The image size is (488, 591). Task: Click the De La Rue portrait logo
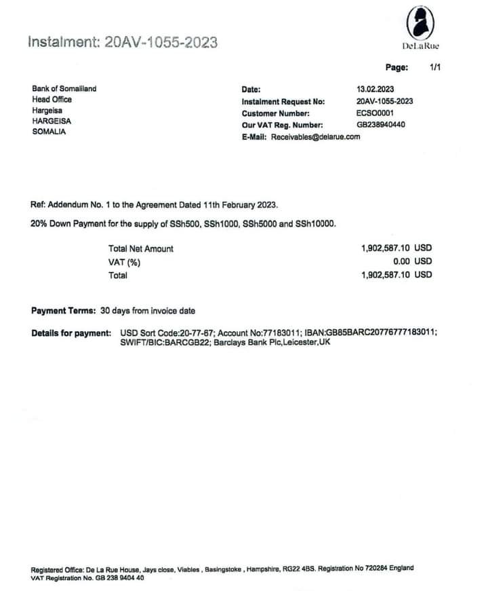[420, 24]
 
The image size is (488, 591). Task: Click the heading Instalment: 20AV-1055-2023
[123, 42]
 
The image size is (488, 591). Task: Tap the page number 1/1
[435, 67]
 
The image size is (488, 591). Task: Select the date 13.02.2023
[375, 90]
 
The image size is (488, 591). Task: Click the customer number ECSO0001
[375, 113]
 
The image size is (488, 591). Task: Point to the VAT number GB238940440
[381, 125]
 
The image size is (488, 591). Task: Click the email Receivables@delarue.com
[315, 136]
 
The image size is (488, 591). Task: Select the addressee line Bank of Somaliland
[64, 89]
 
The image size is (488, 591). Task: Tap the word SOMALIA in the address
[49, 132]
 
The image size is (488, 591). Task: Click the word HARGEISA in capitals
[52, 121]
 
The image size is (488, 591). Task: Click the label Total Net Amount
[140, 249]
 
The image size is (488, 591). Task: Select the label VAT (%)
[124, 262]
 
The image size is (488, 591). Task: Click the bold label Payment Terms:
[63, 311]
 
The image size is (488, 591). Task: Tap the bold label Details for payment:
[70, 332]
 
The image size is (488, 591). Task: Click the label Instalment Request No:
[283, 102]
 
